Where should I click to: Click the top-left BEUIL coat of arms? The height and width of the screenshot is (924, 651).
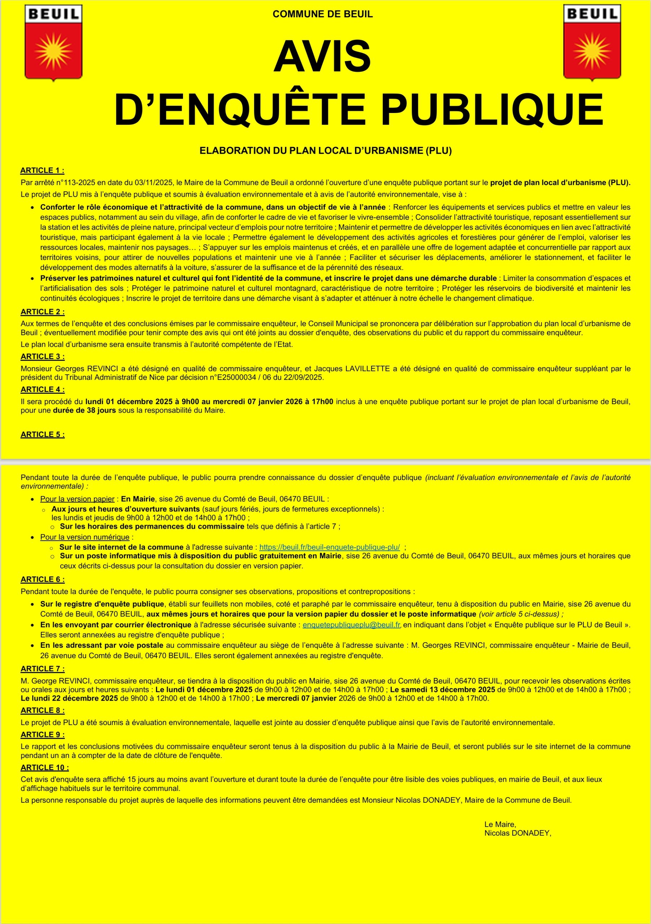[x=53, y=43]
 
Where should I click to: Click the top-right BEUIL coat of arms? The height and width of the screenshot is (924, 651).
[x=591, y=43]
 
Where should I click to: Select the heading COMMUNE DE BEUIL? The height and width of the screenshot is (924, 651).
[x=322, y=14]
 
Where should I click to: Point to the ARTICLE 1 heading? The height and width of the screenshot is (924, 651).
[x=42, y=170]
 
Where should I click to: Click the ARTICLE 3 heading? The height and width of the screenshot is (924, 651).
[x=42, y=357]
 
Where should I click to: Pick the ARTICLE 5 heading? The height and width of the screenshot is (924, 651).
[x=42, y=435]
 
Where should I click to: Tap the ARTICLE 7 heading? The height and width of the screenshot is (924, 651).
[x=42, y=669]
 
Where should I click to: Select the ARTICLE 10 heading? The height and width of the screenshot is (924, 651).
[x=44, y=767]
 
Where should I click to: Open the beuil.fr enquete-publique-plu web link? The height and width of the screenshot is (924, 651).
[x=329, y=547]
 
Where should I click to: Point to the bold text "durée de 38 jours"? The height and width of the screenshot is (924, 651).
[x=84, y=410]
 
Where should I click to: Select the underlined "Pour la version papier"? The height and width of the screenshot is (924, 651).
[x=77, y=499]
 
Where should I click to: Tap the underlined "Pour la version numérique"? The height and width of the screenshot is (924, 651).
[x=84, y=537]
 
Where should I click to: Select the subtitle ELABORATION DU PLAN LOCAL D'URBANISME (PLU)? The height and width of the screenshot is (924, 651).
[x=325, y=151]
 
